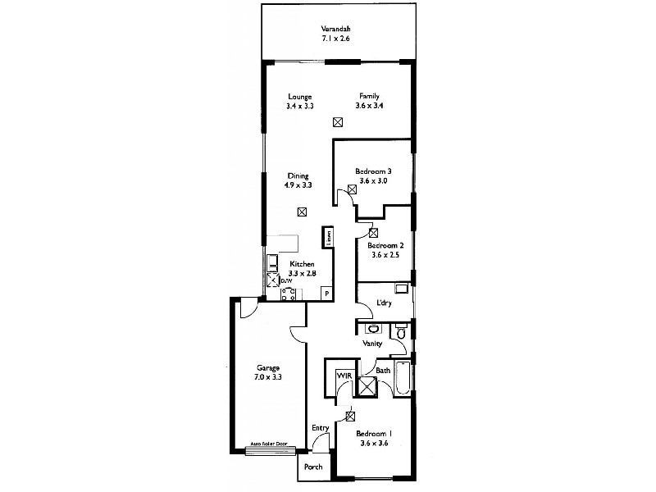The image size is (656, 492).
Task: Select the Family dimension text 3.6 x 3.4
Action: (368, 106)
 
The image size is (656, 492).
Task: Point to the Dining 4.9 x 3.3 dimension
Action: (298, 185)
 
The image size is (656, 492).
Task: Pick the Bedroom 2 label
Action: (385, 245)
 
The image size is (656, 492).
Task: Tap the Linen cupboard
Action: (329, 237)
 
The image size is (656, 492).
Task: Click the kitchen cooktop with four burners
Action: (288, 295)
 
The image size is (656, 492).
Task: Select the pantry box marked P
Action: (326, 293)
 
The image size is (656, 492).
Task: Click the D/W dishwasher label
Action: (287, 281)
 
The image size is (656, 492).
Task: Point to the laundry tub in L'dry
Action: (402, 289)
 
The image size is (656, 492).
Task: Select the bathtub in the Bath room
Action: (401, 379)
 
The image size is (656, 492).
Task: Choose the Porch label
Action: (313, 467)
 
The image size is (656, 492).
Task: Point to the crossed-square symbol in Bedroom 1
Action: (349, 415)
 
